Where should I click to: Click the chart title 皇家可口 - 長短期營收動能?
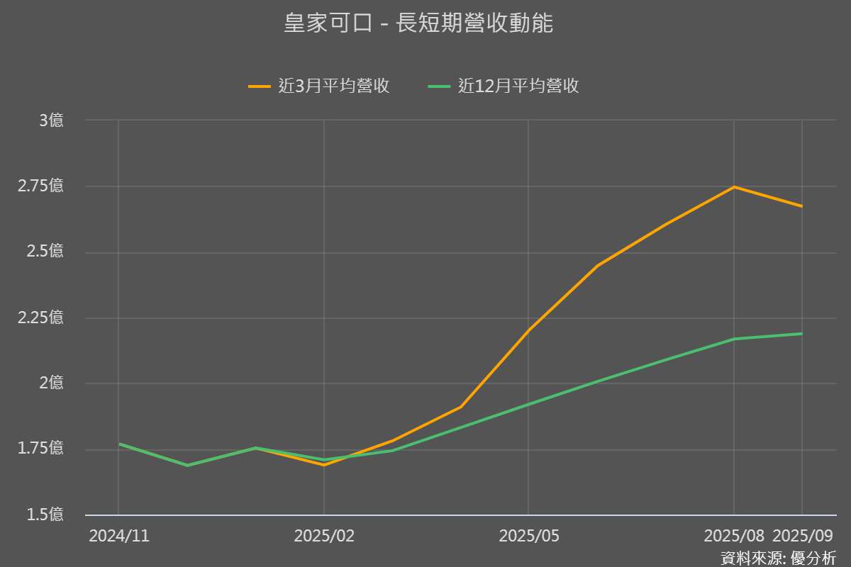pyautogui.click(x=418, y=23)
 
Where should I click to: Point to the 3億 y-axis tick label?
pyautogui.click(x=50, y=120)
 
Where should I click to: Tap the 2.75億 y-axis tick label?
pyautogui.click(x=41, y=186)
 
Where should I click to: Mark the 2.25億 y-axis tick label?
pyautogui.click(x=41, y=318)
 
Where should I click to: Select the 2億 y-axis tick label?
pyautogui.click(x=50, y=383)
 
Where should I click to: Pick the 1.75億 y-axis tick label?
pyautogui.click(x=41, y=449)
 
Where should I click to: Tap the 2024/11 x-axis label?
pyautogui.click(x=119, y=537)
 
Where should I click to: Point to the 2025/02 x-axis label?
pyautogui.click(x=324, y=537)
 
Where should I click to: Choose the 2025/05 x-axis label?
pyautogui.click(x=529, y=537)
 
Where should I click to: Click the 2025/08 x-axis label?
pyautogui.click(x=734, y=537)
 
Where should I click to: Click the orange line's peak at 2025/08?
pyautogui.click(x=734, y=187)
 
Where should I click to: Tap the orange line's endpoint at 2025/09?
pyautogui.click(x=802, y=206)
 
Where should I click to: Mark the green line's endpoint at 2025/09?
pyautogui.click(x=802, y=334)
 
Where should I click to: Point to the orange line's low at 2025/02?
pyautogui.click(x=324, y=465)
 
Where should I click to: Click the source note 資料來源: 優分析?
pyautogui.click(x=779, y=558)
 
